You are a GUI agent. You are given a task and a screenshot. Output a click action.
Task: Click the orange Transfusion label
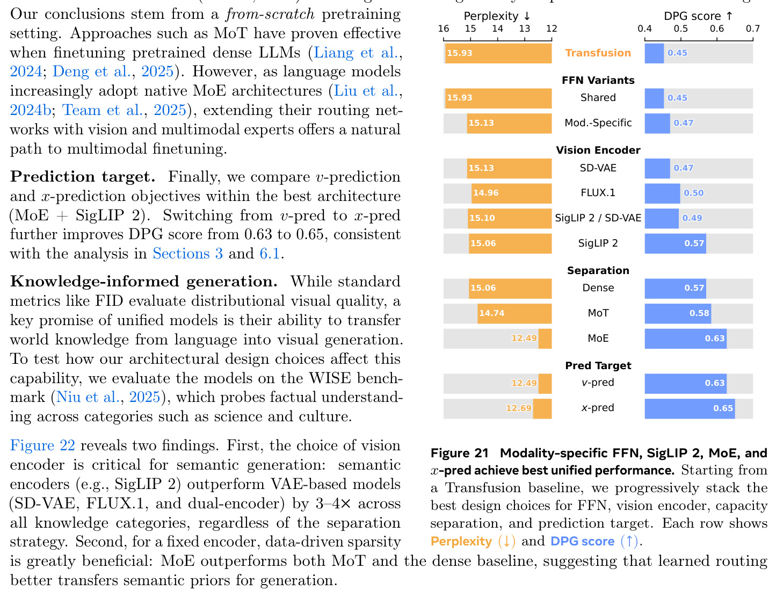[598, 53]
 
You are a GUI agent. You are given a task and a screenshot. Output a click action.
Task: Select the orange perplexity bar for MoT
[514, 313]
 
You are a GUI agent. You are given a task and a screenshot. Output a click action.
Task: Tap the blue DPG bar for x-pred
[689, 408]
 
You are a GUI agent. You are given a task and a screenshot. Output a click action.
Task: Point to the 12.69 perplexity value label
[519, 408]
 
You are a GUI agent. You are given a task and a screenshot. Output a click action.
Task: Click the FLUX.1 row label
[598, 193]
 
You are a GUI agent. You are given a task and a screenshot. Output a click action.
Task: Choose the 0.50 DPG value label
[693, 193]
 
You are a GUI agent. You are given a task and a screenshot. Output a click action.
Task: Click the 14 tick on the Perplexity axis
[497, 28]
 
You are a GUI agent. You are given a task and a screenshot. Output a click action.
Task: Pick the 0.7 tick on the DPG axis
[752, 28]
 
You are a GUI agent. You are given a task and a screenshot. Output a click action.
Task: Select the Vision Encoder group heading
[598, 150]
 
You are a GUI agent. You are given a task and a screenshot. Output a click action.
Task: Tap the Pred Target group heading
[598, 365]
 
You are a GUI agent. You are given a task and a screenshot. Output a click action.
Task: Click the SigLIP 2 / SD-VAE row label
[598, 218]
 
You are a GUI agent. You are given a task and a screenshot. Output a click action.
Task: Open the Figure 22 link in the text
[42, 445]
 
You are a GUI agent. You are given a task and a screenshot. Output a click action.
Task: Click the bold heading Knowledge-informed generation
[143, 282]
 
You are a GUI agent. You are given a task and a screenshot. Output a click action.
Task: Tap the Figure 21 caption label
[459, 453]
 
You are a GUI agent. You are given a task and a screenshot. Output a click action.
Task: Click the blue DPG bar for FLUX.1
[662, 193]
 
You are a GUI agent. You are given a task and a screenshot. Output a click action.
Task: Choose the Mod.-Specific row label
[598, 123]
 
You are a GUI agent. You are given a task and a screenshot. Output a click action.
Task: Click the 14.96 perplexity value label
[485, 193]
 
